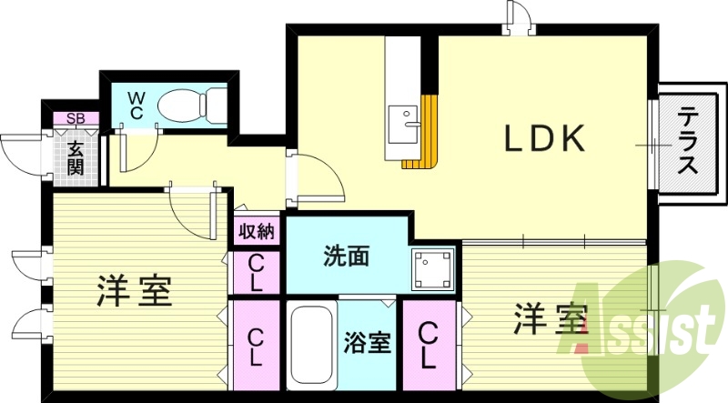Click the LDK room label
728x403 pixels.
544,138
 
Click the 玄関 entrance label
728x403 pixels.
74,154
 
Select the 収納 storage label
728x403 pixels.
256,231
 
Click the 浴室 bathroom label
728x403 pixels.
367,344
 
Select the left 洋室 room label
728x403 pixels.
135,292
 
